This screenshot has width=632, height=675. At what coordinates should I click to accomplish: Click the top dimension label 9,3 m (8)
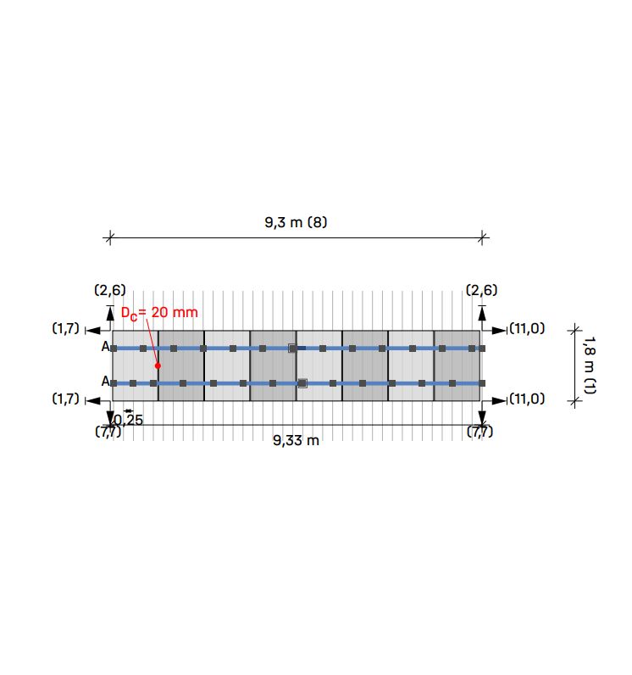296,222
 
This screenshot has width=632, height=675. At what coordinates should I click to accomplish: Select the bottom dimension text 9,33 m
296,440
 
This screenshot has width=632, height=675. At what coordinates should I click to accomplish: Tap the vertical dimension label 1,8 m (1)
590,365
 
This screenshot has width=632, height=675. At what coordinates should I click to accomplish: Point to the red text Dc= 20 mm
159,313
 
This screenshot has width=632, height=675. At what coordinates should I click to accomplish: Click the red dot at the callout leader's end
158,365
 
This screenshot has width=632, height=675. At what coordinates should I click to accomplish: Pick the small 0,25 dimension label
129,420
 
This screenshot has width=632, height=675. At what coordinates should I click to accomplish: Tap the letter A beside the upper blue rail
106,346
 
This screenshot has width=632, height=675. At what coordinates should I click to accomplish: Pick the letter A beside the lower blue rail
106,381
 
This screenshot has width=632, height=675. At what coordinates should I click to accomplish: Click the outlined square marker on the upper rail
292,349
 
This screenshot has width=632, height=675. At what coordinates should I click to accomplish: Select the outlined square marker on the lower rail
302,383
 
